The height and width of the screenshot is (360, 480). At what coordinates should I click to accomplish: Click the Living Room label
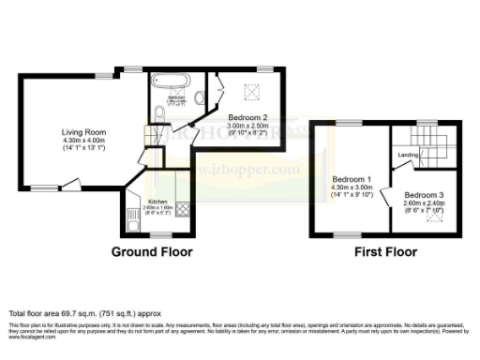(80, 132)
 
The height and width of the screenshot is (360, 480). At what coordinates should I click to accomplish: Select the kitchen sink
(130, 218)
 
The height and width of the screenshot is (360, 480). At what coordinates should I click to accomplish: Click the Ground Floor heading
(152, 252)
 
